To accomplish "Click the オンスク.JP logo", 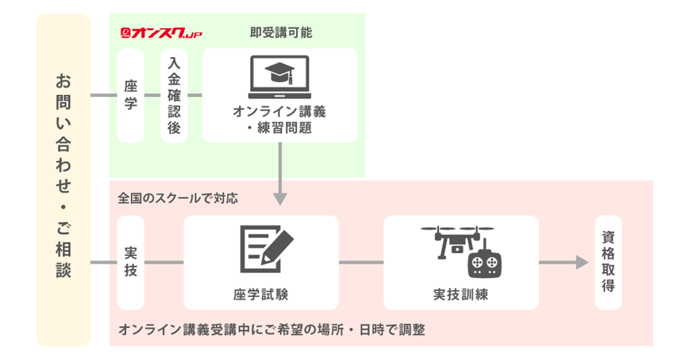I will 161,34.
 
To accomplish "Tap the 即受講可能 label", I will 281,33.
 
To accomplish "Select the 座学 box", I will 131,95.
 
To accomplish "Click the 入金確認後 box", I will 174,95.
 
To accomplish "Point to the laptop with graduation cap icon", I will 279,77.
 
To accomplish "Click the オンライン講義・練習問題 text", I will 279,119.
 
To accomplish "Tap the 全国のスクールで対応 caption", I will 177,198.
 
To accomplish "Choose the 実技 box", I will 131,262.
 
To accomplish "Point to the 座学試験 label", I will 261,294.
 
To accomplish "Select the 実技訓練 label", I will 461,294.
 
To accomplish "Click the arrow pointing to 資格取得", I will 563,262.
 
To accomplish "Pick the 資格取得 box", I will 608,262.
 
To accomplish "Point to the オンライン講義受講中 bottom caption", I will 271,330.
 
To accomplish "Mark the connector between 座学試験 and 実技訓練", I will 361,262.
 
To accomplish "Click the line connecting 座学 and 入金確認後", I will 152,95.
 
